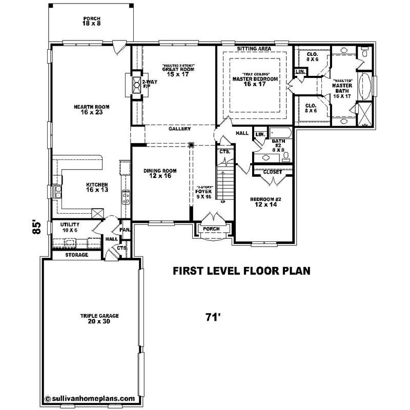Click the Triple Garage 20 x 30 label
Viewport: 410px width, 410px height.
pyautogui.click(x=92, y=319)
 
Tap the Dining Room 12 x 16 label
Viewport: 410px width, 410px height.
pyautogui.click(x=159, y=173)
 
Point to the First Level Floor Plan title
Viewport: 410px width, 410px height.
pyautogui.click(x=241, y=270)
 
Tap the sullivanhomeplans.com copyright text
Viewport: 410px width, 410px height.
pyautogui.click(x=90, y=398)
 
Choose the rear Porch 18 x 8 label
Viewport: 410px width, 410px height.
pyautogui.click(x=92, y=20)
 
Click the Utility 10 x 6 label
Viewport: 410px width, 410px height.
pyautogui.click(x=69, y=228)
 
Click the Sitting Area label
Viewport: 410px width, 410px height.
pyautogui.click(x=254, y=49)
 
